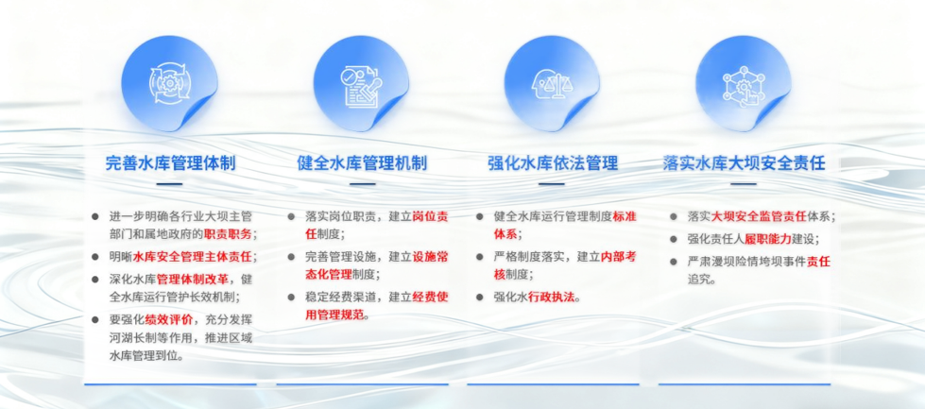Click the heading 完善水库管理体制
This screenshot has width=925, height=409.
(170, 162)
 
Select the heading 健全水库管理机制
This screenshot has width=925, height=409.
(362, 162)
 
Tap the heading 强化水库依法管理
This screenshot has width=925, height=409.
(553, 162)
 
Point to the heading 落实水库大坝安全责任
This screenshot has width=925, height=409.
(744, 162)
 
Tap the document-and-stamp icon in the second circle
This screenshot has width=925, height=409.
(361, 84)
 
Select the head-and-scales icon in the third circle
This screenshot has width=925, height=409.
(552, 84)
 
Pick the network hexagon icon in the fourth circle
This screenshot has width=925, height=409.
(744, 84)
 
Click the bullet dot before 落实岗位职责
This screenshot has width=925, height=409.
(291, 216)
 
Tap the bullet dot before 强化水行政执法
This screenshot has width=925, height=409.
(480, 297)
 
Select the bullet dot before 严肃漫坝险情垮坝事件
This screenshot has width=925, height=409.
(674, 261)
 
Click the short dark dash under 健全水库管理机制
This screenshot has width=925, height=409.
(362, 184)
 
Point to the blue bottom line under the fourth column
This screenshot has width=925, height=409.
(745, 384)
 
